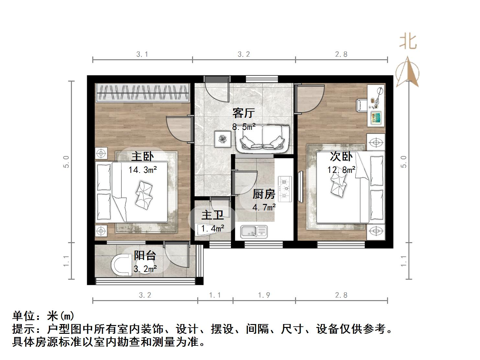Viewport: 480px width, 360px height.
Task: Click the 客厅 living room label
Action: (244, 113)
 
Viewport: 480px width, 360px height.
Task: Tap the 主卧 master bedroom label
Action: (143, 157)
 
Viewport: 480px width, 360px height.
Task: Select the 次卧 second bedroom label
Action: (341, 157)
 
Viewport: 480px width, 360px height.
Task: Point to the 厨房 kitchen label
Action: (264, 194)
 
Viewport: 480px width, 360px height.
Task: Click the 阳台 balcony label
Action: (145, 256)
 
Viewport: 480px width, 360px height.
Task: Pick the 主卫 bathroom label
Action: (212, 216)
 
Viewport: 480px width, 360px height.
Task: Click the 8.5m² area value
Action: (244, 127)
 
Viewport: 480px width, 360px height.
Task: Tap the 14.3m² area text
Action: (143, 170)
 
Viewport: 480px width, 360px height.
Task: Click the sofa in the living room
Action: (262, 139)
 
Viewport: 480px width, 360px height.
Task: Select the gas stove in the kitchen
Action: (285, 189)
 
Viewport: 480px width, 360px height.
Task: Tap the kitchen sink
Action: (254, 231)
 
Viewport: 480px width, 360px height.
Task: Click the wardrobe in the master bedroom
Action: (143, 93)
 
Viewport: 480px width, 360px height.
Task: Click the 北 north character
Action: (408, 41)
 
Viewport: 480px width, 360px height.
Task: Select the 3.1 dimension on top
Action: (142, 54)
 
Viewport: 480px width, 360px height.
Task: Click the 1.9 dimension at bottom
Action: (264, 295)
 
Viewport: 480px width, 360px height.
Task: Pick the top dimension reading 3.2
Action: (244, 54)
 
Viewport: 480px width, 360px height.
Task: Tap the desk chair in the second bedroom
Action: (361, 105)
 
